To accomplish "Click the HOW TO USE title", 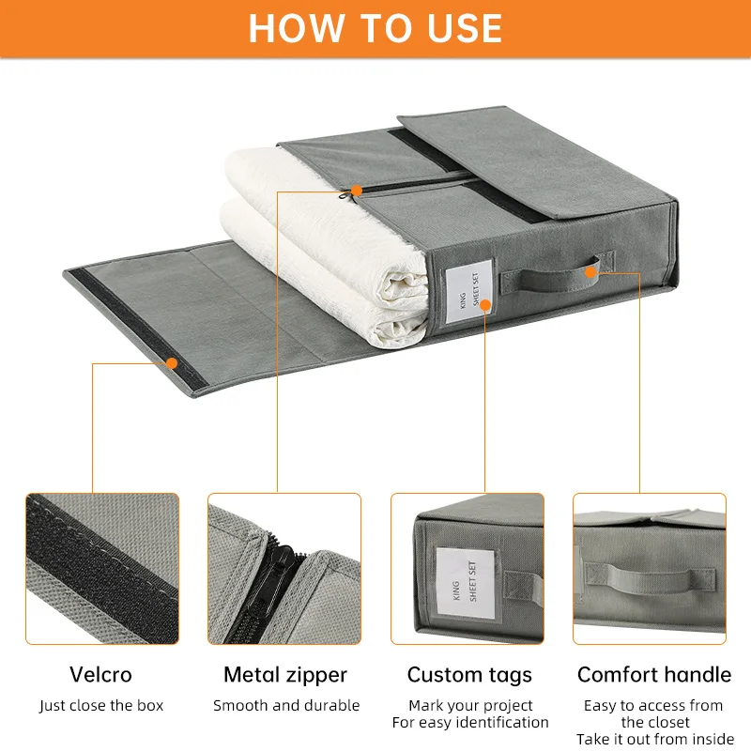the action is [375, 28].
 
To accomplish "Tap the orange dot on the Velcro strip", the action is [172, 363].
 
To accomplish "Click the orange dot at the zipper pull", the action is [356, 191].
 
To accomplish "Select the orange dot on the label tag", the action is [485, 305].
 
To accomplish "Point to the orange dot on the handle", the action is [591, 272].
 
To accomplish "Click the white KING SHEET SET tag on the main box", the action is [469, 291].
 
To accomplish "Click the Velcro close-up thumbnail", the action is [102, 569].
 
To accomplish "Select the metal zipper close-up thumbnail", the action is [284, 569].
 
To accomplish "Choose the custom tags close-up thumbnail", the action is [467, 569].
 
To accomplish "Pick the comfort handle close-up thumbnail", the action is [650, 569].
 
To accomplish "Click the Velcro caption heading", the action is [100, 674].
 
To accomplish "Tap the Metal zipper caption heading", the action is [285, 675].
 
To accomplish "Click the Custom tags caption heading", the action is [469, 675].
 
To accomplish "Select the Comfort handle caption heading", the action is [654, 674].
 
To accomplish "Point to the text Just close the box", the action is [101, 706].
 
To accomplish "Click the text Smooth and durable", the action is [286, 705].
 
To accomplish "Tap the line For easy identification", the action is [470, 722].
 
